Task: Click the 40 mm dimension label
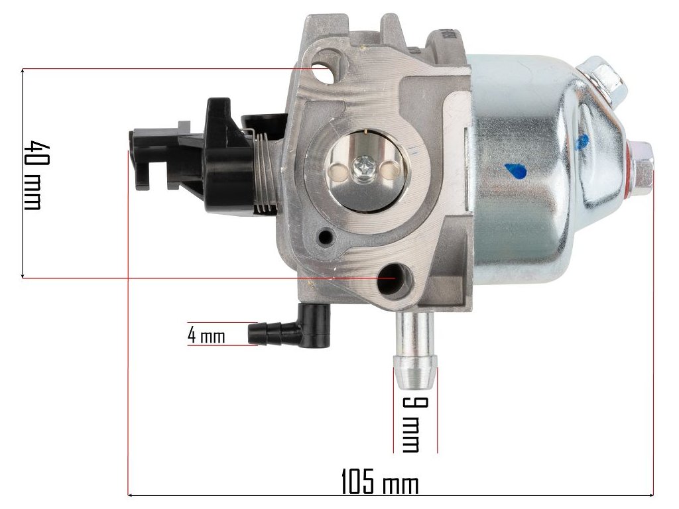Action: [x=33, y=174]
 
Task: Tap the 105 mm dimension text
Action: [x=380, y=481]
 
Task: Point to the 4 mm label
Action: [x=206, y=335]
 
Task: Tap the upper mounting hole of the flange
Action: [x=326, y=68]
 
